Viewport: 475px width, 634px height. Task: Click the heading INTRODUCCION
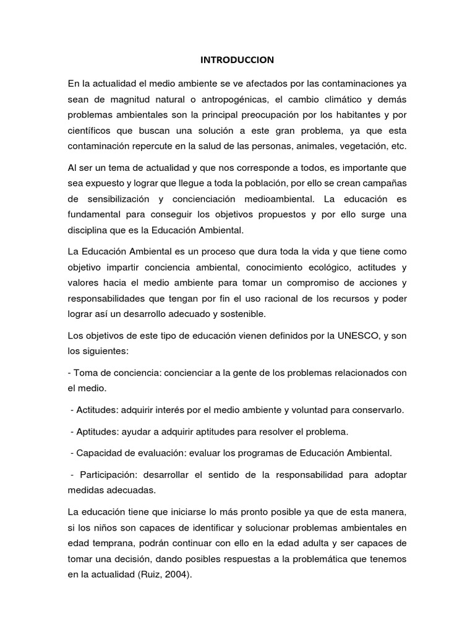click(x=237, y=60)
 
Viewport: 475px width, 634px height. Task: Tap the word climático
click(x=334, y=100)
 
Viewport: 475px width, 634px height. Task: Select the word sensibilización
click(x=116, y=199)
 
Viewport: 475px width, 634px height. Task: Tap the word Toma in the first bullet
click(x=85, y=373)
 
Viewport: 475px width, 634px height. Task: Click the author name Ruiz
click(x=154, y=573)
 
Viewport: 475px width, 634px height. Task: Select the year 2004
click(x=180, y=573)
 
